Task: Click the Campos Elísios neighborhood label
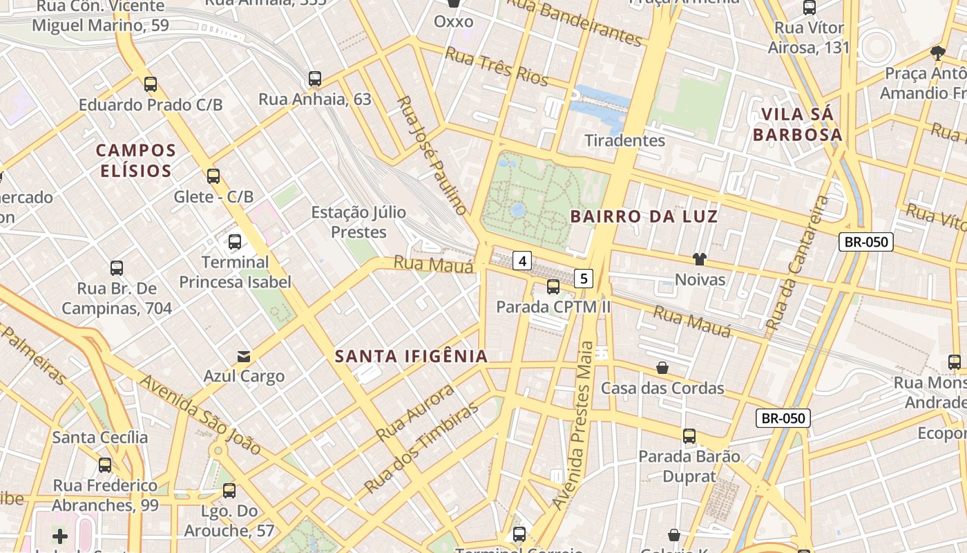pos(136,160)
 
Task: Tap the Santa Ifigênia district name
pos(411,357)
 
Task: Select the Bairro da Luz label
pos(644,216)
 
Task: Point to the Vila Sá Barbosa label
pos(798,124)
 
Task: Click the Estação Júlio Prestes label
pos(358,222)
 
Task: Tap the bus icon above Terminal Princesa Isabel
pos(235,242)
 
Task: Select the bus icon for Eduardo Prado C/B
pos(151,84)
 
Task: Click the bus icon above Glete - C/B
pos(213,176)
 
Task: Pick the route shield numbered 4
pos(523,261)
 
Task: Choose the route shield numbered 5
pos(584,279)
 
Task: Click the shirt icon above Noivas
pos(700,259)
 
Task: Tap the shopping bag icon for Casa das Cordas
pos(662,367)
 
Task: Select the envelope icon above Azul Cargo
pos(244,357)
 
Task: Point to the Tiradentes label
pos(624,140)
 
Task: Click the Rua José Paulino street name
pos(432,155)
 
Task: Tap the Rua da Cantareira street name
pos(798,263)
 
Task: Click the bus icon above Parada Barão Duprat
pos(689,436)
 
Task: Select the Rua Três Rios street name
pos(497,66)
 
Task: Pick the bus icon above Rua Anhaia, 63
pos(315,79)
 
